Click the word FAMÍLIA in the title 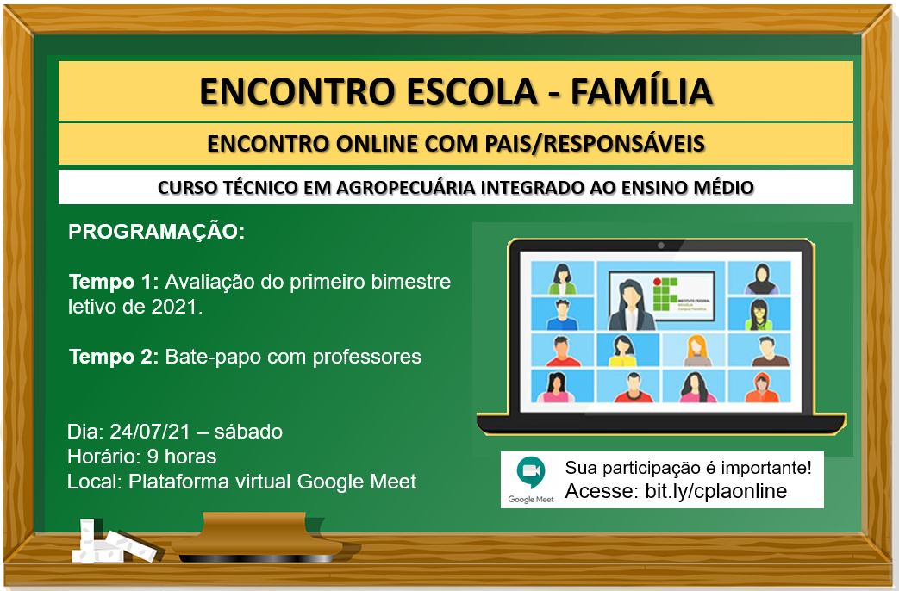click(x=641, y=91)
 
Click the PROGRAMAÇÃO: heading click(x=157, y=232)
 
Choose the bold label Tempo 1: click(x=114, y=282)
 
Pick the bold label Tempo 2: click(x=114, y=358)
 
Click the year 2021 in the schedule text click(x=174, y=308)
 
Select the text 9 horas click(x=182, y=457)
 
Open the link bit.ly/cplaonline click(x=716, y=491)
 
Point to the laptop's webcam click(x=661, y=246)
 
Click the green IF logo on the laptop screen click(x=665, y=294)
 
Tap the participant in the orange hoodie click(x=762, y=388)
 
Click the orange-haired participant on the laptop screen click(x=697, y=351)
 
